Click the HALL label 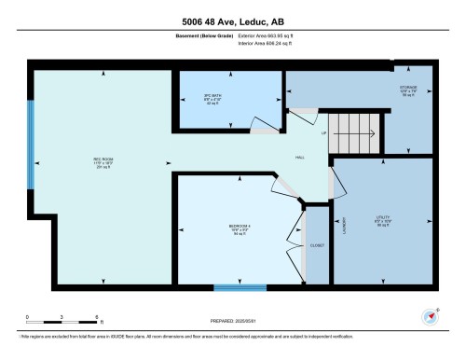point(300,159)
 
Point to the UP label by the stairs point(323,132)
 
